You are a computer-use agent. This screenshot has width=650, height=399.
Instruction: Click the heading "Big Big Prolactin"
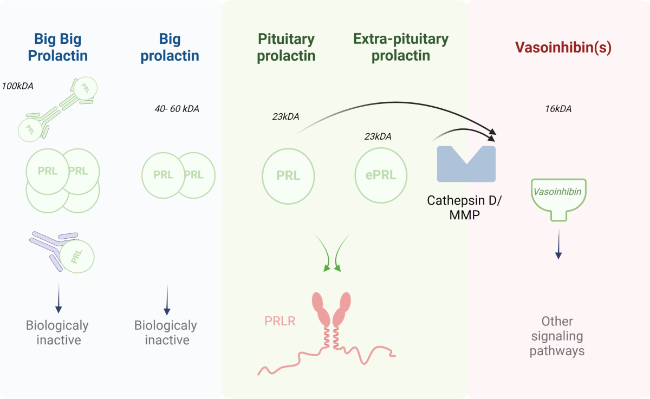[x=61, y=47]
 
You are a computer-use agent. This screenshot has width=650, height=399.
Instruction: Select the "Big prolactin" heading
[x=170, y=47]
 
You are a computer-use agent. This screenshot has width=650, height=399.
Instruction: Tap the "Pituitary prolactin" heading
[x=286, y=47]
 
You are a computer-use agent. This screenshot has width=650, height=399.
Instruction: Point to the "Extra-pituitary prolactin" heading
[x=400, y=47]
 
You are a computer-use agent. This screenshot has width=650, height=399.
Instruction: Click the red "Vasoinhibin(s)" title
[x=563, y=48]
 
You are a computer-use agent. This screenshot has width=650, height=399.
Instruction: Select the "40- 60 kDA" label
[x=177, y=109]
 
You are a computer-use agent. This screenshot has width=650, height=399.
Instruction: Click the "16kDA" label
[x=558, y=109]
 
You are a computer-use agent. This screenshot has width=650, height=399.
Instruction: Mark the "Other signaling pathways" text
[x=557, y=336]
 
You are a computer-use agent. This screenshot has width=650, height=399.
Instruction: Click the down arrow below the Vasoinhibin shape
[x=558, y=247]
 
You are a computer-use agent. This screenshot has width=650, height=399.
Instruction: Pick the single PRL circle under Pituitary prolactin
[x=288, y=175]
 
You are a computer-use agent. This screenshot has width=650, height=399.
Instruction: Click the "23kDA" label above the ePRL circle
[x=378, y=136]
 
